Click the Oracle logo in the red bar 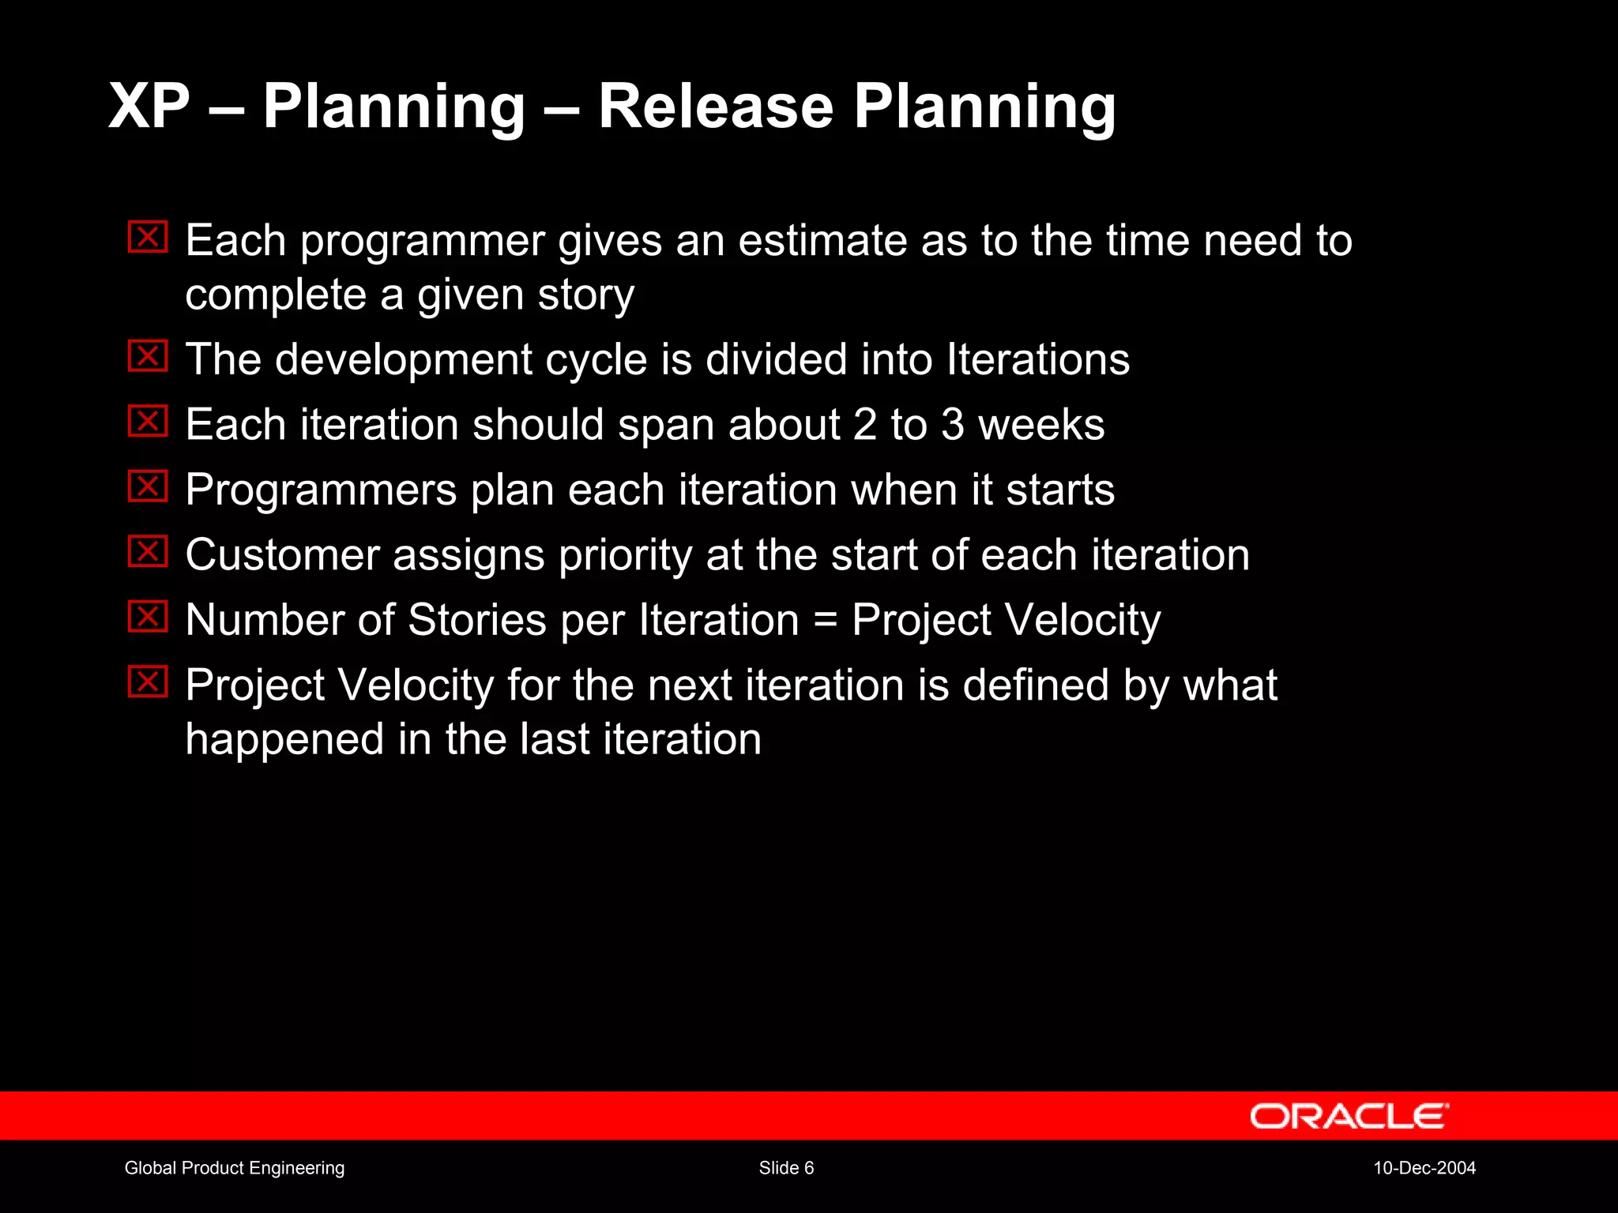[1349, 1116]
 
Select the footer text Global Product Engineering [235, 1168]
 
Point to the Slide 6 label [786, 1168]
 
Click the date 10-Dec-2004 [1424, 1168]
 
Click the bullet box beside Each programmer [148, 237]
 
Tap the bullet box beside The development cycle [148, 356]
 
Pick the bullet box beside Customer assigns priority [148, 551]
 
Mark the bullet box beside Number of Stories [148, 617]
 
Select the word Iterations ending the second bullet [1038, 359]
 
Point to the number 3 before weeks [953, 425]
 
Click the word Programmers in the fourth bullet [321, 490]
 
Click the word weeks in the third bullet [1041, 425]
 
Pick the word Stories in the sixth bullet [477, 620]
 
